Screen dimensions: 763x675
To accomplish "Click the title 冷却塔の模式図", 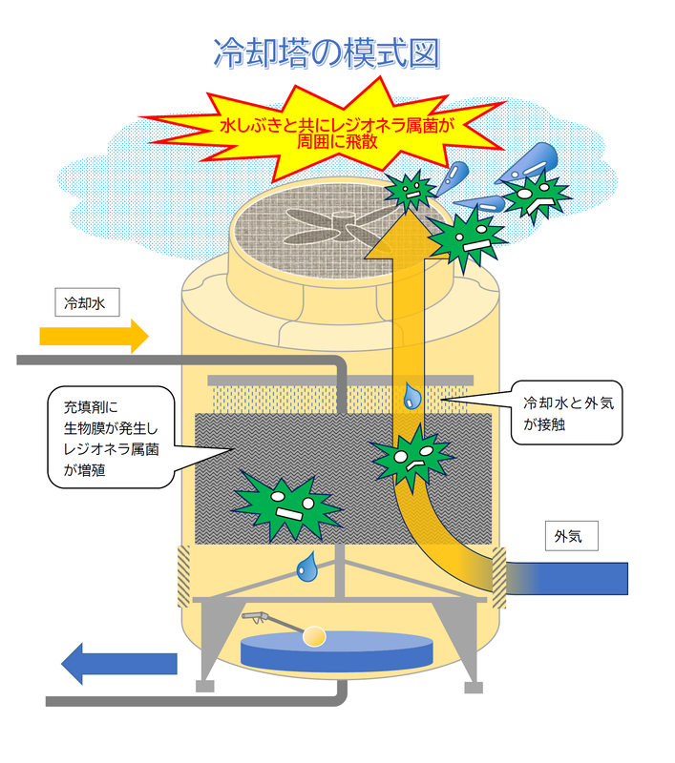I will coord(327,53).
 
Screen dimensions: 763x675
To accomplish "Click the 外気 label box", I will coord(570,536).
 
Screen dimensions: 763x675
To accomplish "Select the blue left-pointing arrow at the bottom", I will coord(118,663).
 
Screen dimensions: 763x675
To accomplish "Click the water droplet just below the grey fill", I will coord(306,568).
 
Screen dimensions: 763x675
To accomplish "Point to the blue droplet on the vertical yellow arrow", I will coord(411,396).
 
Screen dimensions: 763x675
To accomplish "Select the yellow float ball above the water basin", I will coord(314,633).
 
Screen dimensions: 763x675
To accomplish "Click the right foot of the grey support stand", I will coord(472,686).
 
